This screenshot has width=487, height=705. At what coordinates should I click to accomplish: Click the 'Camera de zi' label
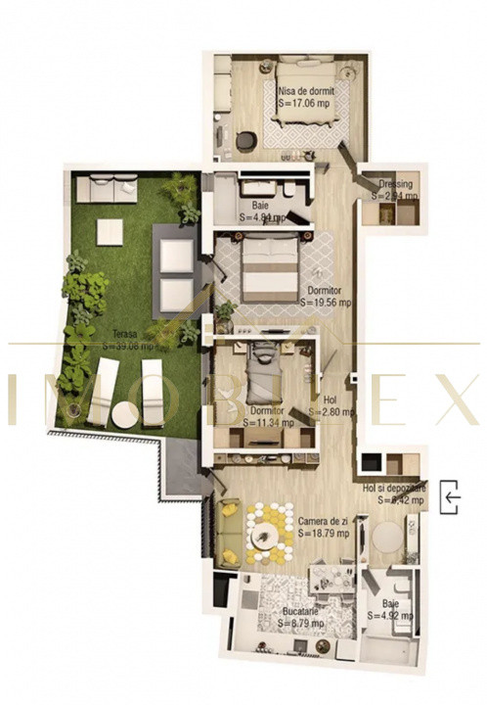pos(325,521)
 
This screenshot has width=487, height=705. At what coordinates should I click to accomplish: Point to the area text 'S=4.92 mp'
pos(393,617)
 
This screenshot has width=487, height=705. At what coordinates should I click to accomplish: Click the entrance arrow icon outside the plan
pos(451,497)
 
